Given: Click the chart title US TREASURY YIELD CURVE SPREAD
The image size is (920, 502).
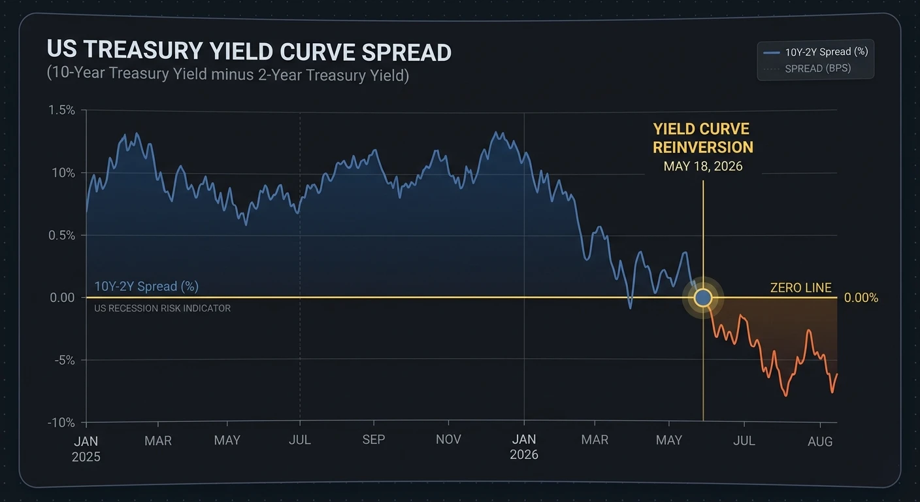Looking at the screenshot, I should (x=249, y=52).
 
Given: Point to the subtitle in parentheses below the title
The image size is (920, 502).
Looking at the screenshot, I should (x=227, y=75).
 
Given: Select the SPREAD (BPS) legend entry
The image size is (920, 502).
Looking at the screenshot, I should (x=817, y=68).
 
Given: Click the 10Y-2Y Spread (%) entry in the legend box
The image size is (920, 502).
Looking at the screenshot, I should (x=827, y=52).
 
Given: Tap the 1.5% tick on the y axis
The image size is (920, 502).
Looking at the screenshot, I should (x=61, y=110).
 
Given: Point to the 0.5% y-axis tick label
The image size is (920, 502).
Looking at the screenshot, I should (x=61, y=235).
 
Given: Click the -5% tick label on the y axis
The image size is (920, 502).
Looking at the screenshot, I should (x=64, y=360).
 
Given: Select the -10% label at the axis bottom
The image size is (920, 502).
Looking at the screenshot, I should (x=61, y=422).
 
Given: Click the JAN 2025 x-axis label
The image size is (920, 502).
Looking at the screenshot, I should (x=86, y=448).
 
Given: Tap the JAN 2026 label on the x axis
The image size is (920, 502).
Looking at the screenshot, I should (x=523, y=446).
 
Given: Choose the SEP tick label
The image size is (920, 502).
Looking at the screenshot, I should (x=374, y=440).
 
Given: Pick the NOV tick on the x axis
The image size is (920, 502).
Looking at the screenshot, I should (x=448, y=440).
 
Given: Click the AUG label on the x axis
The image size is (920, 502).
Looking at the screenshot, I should (x=820, y=441).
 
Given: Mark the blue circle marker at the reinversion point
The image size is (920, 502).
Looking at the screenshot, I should (x=703, y=298).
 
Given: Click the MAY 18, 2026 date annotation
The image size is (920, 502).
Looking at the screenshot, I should (x=703, y=166).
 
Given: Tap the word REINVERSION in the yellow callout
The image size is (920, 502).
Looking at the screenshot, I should (x=703, y=147).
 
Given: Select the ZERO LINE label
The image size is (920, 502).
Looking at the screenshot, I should (x=800, y=288).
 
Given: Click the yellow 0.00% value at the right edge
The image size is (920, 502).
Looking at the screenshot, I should (x=861, y=298).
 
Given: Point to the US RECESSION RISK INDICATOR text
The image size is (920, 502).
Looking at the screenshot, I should (x=162, y=309).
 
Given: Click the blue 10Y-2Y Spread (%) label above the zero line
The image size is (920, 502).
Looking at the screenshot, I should (x=146, y=286).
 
